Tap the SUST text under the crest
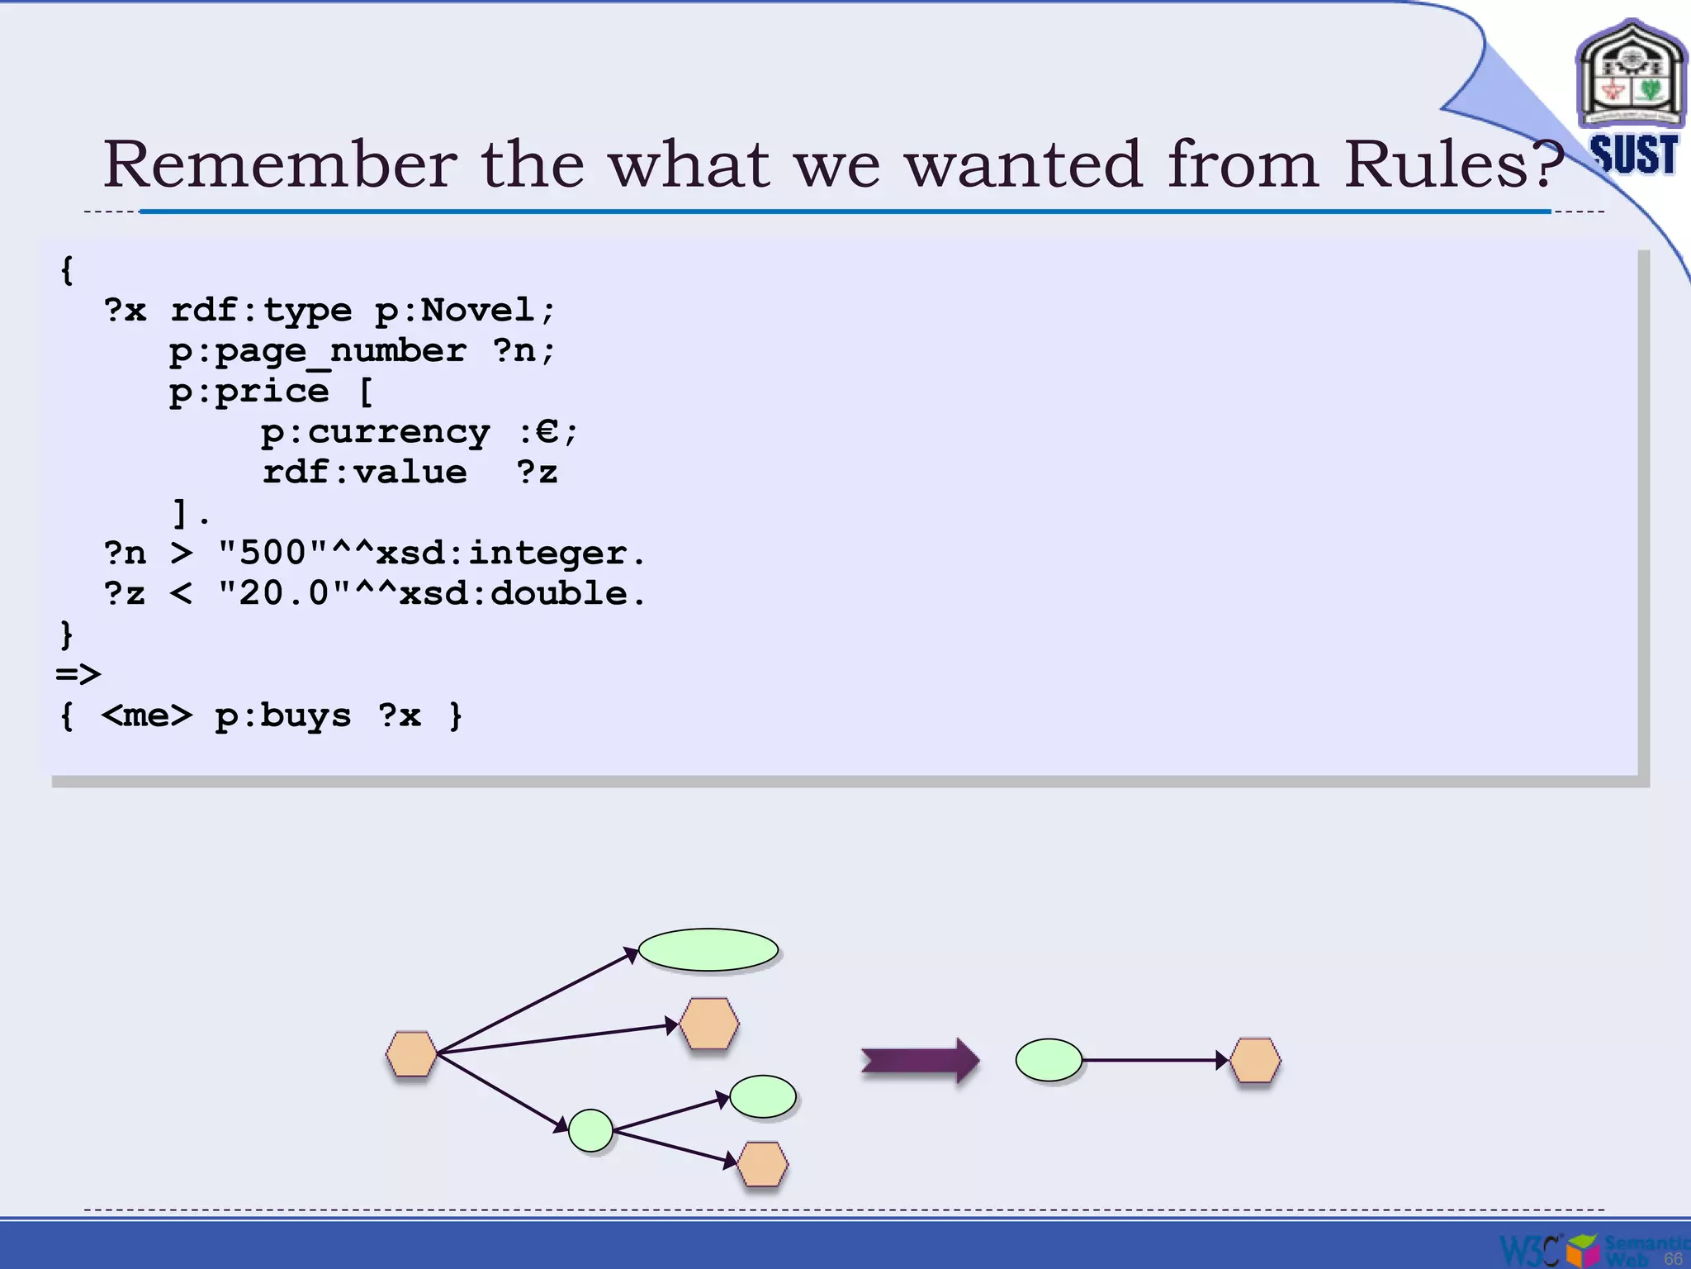point(1634,154)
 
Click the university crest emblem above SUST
point(1631,74)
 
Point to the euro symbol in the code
point(547,430)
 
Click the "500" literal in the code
point(272,553)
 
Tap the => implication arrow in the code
point(78,674)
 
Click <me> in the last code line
point(147,715)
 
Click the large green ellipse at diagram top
point(708,950)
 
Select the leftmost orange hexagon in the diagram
point(411,1053)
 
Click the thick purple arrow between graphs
point(919,1060)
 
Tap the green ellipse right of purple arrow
point(1049,1060)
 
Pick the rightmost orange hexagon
point(1255,1060)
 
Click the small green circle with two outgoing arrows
point(590,1130)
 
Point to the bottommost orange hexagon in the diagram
point(761,1164)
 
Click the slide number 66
point(1673,1258)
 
